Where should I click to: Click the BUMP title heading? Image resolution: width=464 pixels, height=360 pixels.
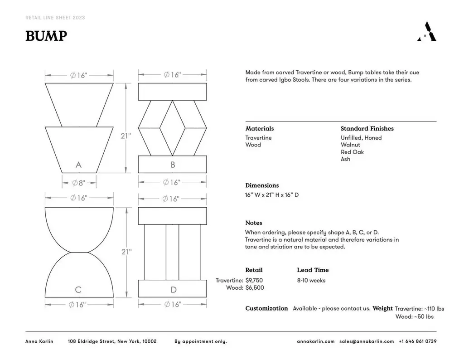click(x=46, y=36)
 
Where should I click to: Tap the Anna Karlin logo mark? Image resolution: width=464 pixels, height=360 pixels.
click(x=426, y=32)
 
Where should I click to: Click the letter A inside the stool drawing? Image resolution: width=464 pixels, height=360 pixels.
click(x=78, y=165)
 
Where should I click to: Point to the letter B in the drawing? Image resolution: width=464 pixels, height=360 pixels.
click(x=173, y=165)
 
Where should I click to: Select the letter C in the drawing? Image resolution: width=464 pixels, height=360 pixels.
click(x=78, y=290)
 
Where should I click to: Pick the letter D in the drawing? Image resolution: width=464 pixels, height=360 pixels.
click(x=173, y=290)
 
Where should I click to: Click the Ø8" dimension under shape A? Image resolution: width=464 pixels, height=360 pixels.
click(x=79, y=183)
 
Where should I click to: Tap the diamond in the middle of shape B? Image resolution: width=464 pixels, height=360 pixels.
click(x=172, y=127)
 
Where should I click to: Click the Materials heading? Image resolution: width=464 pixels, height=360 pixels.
click(x=260, y=129)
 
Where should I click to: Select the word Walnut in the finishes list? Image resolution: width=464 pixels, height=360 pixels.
click(x=350, y=145)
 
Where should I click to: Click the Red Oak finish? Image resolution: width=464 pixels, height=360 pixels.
click(x=352, y=152)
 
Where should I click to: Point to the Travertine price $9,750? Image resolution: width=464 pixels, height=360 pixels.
click(x=254, y=281)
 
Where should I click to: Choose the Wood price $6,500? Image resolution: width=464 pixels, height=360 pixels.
click(x=254, y=288)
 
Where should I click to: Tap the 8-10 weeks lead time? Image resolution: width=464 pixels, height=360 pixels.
click(x=311, y=281)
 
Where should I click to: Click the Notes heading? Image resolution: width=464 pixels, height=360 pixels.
click(x=254, y=223)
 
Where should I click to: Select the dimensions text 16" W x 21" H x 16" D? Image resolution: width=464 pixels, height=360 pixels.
click(x=272, y=195)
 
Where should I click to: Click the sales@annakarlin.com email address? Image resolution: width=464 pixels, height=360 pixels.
click(x=367, y=341)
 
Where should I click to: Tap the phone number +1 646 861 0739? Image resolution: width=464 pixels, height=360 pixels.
click(x=418, y=341)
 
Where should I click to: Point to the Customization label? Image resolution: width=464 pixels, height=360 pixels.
click(x=266, y=308)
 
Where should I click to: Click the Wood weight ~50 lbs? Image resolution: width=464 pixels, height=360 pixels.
click(x=424, y=316)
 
